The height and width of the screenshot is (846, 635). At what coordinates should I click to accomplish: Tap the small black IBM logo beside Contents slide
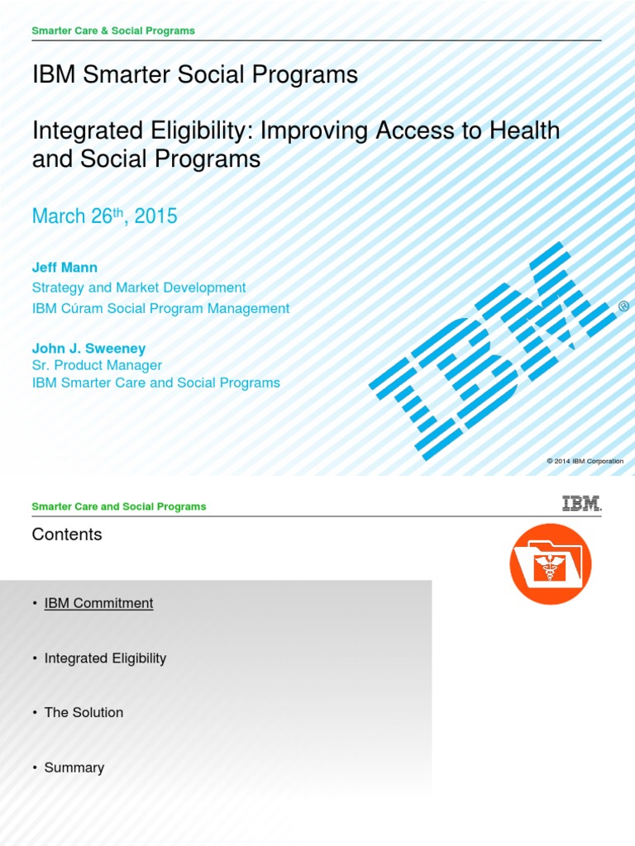pos(581,504)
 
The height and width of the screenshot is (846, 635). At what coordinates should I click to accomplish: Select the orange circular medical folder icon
pos(550,563)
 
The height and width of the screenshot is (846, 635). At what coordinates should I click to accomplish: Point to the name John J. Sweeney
pos(88,349)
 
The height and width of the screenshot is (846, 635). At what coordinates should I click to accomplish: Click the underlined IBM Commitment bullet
pos(98,603)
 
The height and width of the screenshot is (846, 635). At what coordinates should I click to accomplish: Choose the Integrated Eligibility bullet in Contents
pos(105,658)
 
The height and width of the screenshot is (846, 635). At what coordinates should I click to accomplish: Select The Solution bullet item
pos(84,712)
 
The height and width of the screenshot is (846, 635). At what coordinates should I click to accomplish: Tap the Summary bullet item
pos(74,768)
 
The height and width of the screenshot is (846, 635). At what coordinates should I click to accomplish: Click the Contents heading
pos(67,535)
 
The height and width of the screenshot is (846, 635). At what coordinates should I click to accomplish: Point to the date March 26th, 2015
pos(104,216)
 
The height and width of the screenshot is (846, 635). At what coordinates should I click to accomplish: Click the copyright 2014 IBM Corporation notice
pos(585,461)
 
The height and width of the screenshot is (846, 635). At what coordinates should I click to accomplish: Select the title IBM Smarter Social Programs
pos(194,75)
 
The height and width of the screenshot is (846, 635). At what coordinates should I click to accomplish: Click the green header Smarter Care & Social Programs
pos(113,31)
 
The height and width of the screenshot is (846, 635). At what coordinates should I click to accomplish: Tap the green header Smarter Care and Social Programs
pos(119,506)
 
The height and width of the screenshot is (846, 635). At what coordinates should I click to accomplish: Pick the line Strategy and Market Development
pos(139,288)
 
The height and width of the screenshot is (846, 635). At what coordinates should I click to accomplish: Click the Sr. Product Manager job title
pos(97,365)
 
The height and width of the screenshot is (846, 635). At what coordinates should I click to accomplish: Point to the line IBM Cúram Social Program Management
pos(160,308)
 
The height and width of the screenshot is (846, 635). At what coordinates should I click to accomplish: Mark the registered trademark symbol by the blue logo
pos(623,306)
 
